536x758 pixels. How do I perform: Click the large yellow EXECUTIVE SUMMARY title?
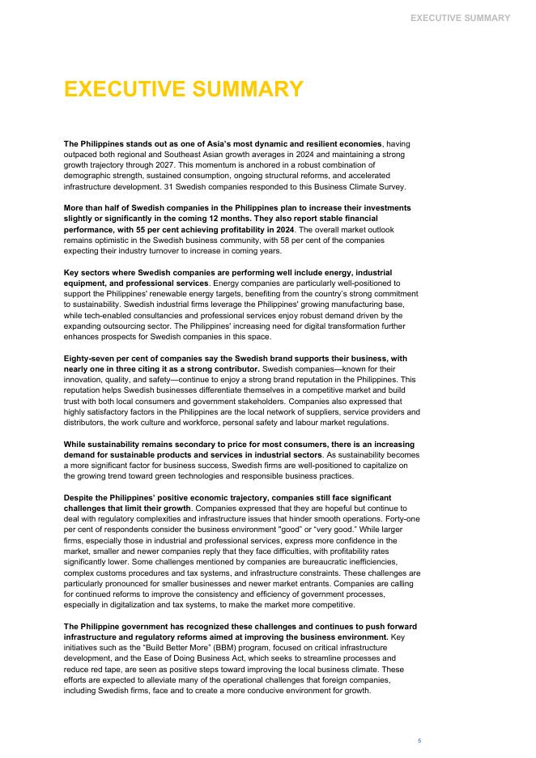point(184,90)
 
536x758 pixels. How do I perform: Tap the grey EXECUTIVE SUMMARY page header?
point(460,18)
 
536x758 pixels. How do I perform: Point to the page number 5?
point(419,740)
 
